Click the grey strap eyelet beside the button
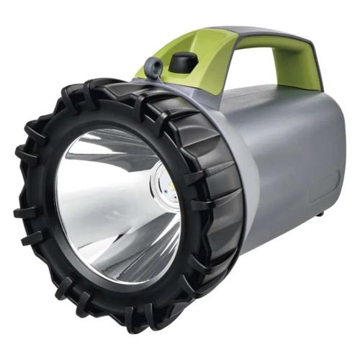(152, 68)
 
